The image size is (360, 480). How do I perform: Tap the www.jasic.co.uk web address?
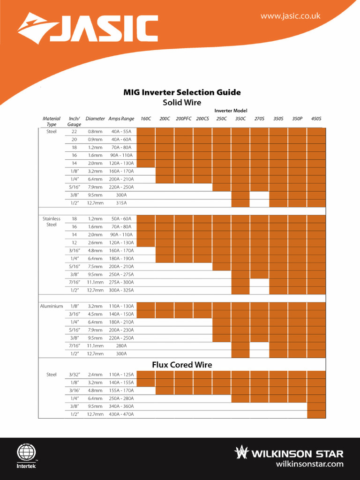point(291,16)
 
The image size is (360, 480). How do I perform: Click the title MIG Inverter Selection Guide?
point(182,92)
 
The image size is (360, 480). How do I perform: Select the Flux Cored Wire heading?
point(182,364)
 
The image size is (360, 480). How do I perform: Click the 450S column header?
point(316,119)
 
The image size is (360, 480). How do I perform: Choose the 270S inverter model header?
point(259,119)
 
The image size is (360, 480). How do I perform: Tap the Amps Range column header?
point(121,119)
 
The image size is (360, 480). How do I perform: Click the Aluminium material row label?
point(52,306)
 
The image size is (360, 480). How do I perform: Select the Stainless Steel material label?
point(52,222)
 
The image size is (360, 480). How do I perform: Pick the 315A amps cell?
point(121,203)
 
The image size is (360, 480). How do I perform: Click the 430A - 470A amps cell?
point(121,414)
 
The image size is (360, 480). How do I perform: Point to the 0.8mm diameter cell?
point(95,132)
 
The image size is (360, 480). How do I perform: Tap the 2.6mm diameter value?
point(95,243)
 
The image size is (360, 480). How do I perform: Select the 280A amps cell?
point(121,345)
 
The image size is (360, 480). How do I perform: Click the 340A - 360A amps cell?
point(121,406)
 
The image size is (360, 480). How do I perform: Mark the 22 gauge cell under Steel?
point(74,132)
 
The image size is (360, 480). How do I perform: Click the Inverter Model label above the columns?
point(231,110)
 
